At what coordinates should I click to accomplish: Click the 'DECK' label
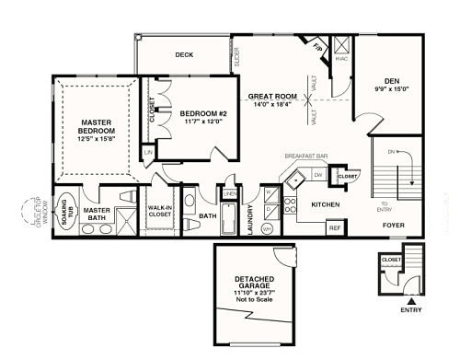(184, 54)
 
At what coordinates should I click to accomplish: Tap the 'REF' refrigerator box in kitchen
(335, 226)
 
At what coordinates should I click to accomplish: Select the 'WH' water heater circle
(267, 227)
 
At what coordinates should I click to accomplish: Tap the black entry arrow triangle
(413, 299)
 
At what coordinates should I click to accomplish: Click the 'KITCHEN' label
(327, 204)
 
